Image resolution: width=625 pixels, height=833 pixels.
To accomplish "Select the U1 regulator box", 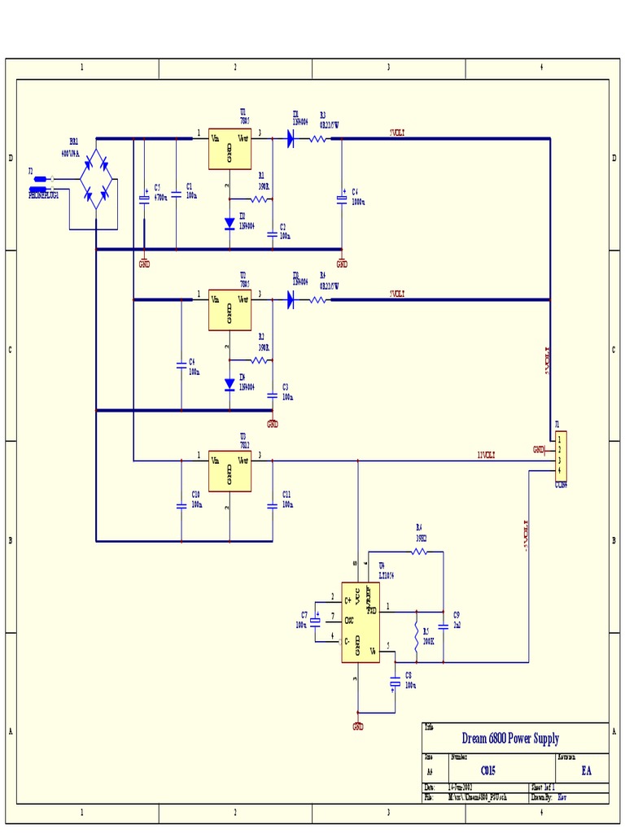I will (229, 149).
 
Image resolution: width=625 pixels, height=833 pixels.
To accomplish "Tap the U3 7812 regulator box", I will (229, 471).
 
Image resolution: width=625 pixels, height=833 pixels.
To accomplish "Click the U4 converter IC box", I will (360, 622).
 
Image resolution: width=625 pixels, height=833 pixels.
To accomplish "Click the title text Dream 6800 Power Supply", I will (510, 739).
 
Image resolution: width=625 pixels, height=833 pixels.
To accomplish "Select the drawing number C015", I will (487, 770).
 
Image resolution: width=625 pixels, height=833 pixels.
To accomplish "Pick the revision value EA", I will (586, 770).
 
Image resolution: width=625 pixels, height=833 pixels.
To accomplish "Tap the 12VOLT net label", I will (487, 455).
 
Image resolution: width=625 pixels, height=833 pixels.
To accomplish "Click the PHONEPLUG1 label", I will (44, 195).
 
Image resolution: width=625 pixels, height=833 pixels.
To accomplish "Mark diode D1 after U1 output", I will (290, 139).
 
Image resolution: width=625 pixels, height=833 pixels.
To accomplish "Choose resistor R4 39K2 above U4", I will (419, 552).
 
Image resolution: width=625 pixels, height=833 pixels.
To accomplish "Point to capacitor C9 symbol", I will (443, 626).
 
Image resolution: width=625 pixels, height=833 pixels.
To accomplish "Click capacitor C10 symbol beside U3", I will (181, 505).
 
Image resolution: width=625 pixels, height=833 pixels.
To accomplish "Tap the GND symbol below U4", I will (356, 725).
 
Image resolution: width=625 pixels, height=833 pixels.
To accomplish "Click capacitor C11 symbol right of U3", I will (272, 505).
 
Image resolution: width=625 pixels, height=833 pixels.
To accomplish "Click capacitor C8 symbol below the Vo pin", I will (395, 682).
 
